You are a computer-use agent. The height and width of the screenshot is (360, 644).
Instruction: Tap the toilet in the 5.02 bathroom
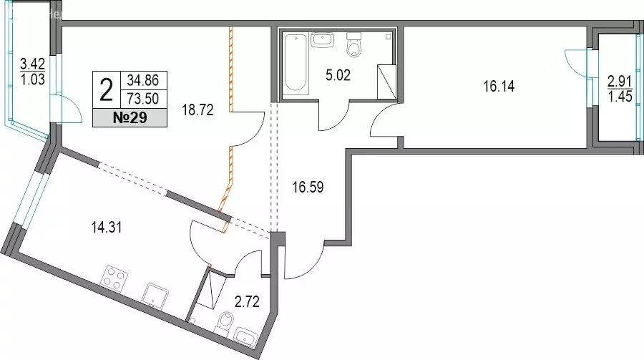coord(353,45)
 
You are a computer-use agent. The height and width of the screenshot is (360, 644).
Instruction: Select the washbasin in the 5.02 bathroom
coord(323,40)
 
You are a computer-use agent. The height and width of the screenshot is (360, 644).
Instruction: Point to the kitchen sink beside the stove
coord(155,296)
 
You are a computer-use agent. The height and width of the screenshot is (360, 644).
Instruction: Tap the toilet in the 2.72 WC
coord(224,323)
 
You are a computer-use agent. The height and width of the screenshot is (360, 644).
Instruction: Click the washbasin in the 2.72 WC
coord(245,336)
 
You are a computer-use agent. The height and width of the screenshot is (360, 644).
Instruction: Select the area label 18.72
coord(198,110)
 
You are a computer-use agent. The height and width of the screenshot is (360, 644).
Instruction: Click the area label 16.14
coord(499,87)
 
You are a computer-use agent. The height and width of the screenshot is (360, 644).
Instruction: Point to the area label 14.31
coord(107,228)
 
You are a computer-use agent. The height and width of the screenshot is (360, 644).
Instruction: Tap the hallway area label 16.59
coord(308,188)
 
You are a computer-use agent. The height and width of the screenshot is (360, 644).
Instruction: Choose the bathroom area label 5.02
coord(338,76)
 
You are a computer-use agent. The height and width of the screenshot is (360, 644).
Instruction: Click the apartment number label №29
coord(130,118)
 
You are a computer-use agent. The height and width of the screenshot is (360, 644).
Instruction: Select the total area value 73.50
coord(143,99)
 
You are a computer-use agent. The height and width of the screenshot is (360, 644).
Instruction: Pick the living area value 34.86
coord(143,80)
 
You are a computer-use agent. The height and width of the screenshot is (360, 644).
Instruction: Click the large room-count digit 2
coord(107,90)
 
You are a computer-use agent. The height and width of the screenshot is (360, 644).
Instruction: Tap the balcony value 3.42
coord(32,64)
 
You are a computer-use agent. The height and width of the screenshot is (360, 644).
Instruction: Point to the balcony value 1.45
coord(620,97)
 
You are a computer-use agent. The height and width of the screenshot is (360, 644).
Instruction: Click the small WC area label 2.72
coord(247,302)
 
